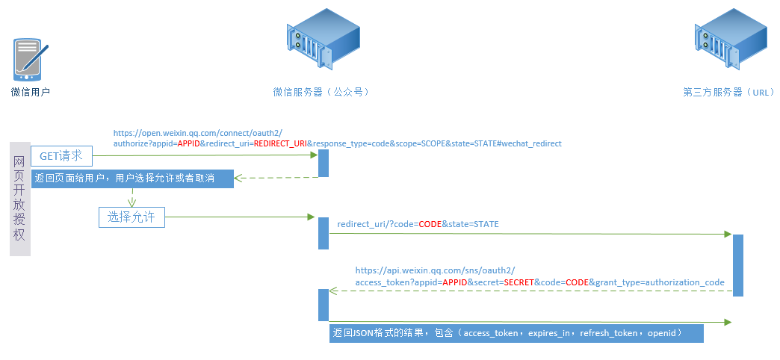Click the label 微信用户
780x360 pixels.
(x=31, y=93)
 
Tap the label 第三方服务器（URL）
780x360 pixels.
(x=729, y=93)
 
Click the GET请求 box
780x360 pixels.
(x=61, y=156)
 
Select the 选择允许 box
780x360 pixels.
(x=131, y=217)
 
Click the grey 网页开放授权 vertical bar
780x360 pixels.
(x=20, y=199)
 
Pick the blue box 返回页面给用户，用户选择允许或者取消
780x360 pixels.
(x=133, y=179)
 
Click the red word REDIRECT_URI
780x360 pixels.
(x=280, y=143)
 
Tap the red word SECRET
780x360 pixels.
(x=519, y=282)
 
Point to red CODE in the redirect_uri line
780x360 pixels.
(x=430, y=224)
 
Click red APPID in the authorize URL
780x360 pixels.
(x=188, y=143)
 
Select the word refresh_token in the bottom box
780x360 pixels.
(x=608, y=333)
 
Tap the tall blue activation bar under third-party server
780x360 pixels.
(x=737, y=266)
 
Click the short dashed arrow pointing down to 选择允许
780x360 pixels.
(x=132, y=197)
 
